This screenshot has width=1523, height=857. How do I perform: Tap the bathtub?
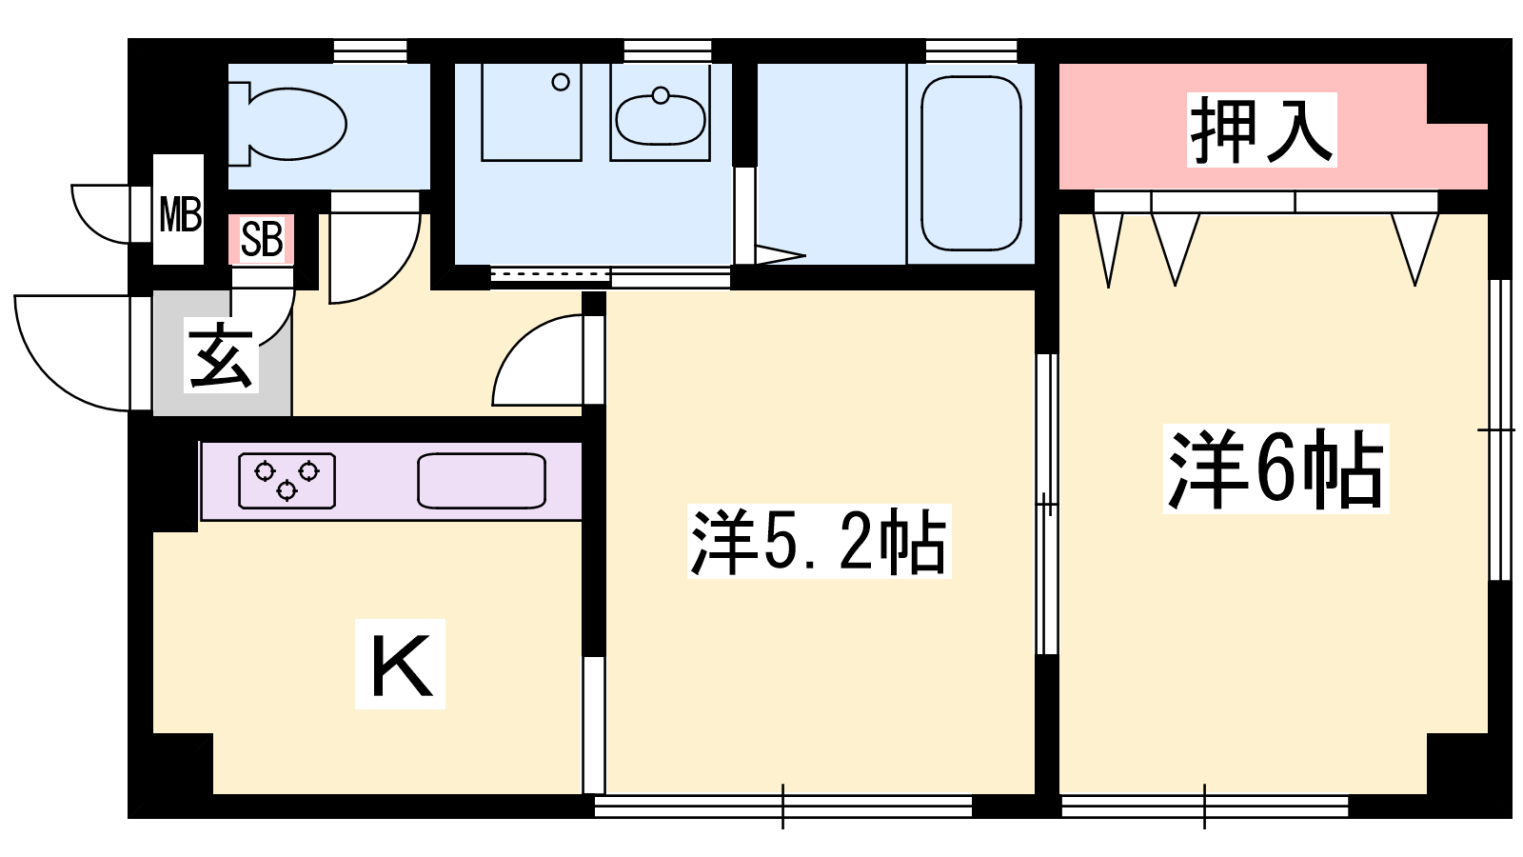[x=971, y=163]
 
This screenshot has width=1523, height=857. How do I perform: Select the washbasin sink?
[x=661, y=118]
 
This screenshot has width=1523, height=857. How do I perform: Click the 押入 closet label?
[x=1261, y=130]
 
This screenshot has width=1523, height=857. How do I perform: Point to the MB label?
[x=180, y=213]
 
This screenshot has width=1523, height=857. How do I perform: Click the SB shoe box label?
[x=262, y=239]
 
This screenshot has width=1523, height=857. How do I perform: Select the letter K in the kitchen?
[x=401, y=665]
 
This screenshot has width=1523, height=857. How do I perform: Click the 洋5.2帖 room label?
[x=818, y=542]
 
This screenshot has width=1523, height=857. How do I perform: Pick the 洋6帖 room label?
[x=1276, y=468]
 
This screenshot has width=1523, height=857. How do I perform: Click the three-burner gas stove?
[x=287, y=481]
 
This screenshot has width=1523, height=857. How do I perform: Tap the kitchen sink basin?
[x=482, y=481]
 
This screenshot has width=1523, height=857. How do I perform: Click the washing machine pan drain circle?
[x=561, y=82]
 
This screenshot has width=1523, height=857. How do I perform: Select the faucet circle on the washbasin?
[x=661, y=95]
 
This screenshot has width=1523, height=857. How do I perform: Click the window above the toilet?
[x=370, y=51]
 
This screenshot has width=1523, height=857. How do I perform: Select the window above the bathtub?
[x=972, y=51]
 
